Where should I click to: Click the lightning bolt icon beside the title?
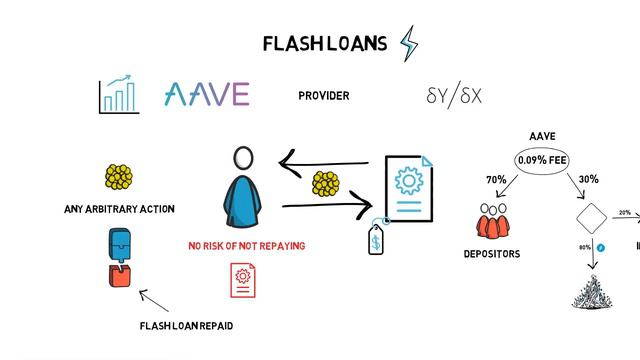(409, 43)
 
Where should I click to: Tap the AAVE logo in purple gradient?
(206, 95)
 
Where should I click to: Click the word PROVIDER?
(324, 96)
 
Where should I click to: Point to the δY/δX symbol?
(454, 96)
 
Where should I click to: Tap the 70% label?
(496, 180)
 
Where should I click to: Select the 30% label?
(588, 180)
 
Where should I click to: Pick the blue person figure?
(243, 196)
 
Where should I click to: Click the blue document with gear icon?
(408, 190)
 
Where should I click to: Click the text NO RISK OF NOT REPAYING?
(247, 245)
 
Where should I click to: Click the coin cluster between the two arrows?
(326, 184)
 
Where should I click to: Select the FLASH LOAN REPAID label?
(187, 326)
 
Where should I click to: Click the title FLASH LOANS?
(324, 43)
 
